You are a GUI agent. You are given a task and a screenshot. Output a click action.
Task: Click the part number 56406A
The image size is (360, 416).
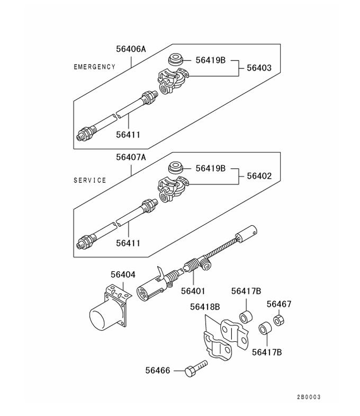[131, 49]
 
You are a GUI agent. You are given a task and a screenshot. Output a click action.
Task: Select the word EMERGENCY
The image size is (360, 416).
[94, 67]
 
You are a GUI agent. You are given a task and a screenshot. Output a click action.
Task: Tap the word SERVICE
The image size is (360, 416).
[89, 180]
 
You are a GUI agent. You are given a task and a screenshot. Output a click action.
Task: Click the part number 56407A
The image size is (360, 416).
[131, 157]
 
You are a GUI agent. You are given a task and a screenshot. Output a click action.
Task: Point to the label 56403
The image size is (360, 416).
[259, 68]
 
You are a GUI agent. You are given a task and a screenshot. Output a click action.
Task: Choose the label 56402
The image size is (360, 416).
[259, 176]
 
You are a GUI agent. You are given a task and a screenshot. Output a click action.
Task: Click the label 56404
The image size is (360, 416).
[123, 275]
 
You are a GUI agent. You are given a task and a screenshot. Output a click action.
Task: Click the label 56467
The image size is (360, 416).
[279, 304]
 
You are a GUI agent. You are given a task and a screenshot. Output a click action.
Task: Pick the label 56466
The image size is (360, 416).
[158, 370]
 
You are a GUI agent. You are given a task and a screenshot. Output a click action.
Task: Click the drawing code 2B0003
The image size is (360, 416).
[309, 397]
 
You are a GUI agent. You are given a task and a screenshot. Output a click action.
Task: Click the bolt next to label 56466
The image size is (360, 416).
[194, 370]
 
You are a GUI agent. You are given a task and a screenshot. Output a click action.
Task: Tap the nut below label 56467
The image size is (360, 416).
[278, 321]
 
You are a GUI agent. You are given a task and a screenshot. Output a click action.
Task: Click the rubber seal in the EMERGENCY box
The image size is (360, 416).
[176, 60]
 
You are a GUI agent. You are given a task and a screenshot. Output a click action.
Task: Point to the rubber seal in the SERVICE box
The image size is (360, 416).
[176, 169]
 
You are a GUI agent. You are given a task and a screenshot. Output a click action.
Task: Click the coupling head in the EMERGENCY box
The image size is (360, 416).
[173, 83]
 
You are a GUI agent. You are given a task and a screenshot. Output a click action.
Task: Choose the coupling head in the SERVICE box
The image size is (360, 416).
[173, 191]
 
